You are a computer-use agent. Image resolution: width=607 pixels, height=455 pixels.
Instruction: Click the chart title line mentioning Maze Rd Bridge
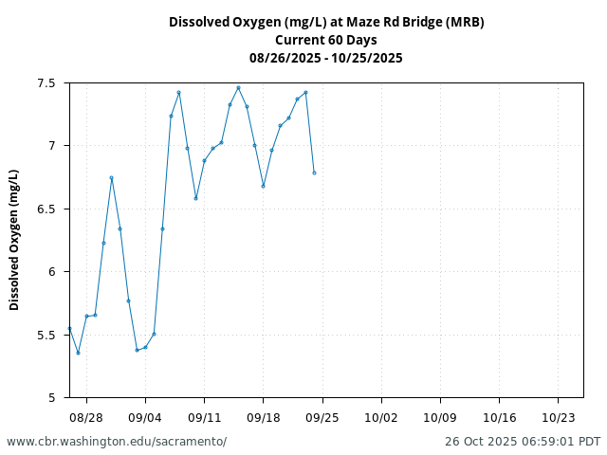(x=326, y=22)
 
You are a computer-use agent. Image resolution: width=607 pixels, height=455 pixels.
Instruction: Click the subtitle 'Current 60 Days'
(x=326, y=40)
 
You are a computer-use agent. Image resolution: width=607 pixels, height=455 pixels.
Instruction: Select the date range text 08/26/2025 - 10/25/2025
(x=326, y=58)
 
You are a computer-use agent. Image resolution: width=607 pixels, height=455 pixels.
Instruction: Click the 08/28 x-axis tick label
(x=86, y=416)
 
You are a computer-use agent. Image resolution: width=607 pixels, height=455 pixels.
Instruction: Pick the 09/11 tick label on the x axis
(x=204, y=416)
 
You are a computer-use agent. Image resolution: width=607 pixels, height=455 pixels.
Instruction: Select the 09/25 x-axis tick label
(x=322, y=416)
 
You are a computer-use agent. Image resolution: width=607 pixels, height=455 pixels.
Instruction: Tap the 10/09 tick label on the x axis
(x=440, y=416)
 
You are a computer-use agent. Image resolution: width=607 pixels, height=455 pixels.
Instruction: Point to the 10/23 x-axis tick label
(x=558, y=416)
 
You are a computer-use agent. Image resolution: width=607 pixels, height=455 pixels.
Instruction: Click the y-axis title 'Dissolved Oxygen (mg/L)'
(x=14, y=240)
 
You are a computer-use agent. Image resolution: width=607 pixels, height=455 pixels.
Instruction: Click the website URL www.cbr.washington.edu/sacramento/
(x=117, y=442)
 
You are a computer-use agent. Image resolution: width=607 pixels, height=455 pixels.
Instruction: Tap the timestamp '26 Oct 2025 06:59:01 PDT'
(x=523, y=442)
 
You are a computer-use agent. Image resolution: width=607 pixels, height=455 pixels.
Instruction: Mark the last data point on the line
(x=314, y=173)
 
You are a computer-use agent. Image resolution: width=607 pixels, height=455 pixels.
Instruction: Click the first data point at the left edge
(x=69, y=328)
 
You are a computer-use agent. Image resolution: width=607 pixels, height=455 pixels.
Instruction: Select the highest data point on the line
(x=238, y=87)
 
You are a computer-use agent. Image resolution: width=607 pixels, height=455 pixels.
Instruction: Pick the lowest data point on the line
(x=78, y=353)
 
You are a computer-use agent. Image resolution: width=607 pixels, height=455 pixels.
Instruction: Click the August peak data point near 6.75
(x=111, y=177)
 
